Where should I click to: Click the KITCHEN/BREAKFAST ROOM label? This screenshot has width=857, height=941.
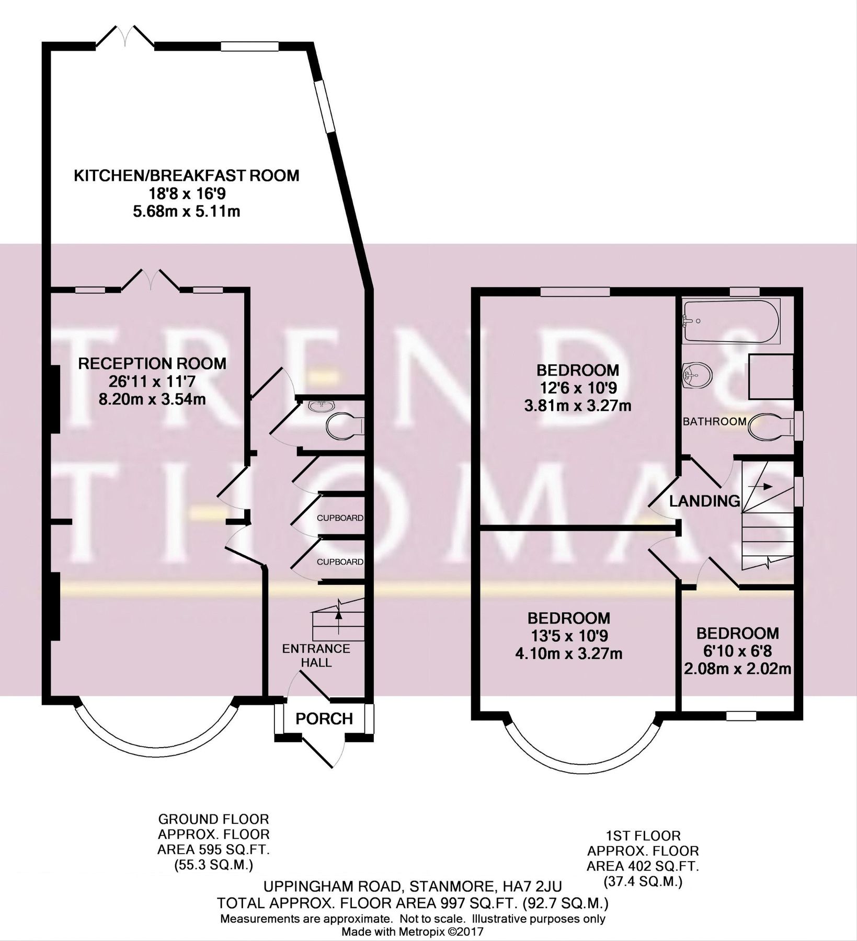tap(186, 175)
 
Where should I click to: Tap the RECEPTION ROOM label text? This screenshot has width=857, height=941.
tap(152, 363)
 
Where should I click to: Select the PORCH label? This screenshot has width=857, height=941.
tap(324, 719)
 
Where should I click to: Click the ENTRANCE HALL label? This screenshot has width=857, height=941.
tap(316, 656)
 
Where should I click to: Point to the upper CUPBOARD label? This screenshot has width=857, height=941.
tap(340, 518)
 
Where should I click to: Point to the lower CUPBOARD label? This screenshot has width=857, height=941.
tap(340, 562)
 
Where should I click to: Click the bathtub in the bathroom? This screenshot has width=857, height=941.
tap(732, 321)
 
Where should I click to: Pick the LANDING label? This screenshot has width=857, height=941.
tap(705, 501)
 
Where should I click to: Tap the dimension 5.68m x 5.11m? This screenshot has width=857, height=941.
tap(186, 212)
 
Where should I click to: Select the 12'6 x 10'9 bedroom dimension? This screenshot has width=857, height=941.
tap(578, 388)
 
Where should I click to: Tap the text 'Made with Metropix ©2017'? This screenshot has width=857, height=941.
tap(413, 932)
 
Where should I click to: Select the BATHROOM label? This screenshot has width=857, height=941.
tap(714, 421)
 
